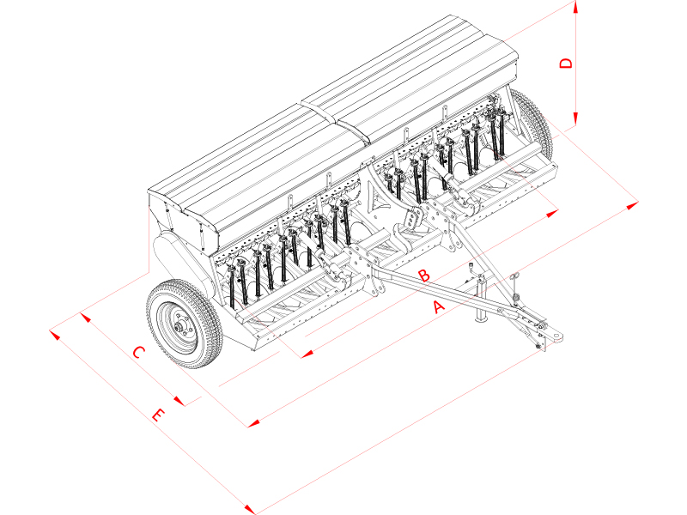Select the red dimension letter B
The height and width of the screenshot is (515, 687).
coord(423,275)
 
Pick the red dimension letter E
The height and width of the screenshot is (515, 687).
coord(157,416)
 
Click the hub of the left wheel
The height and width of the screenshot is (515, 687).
coord(179,325)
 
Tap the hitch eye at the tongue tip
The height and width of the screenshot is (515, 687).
coord(556,336)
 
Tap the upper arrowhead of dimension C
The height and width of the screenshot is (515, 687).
coord(84,317)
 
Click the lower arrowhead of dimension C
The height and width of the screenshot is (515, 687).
coord(179,400)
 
